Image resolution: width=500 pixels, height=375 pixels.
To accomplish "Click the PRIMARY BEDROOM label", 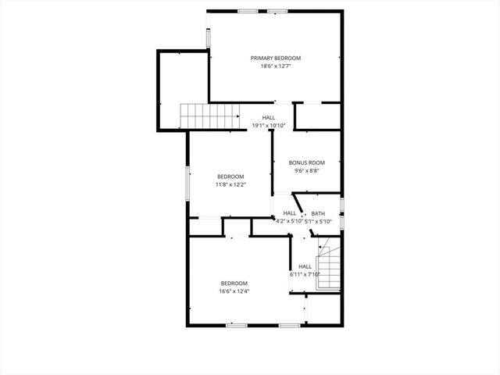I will pyautogui.click(x=275, y=58).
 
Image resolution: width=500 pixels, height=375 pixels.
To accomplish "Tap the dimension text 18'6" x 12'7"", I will pyautogui.click(x=275, y=66).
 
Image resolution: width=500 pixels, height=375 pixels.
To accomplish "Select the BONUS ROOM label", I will pyautogui.click(x=306, y=162).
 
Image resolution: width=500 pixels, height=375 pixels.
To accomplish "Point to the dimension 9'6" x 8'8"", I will pyautogui.click(x=306, y=171).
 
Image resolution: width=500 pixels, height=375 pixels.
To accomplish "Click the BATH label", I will pyautogui.click(x=318, y=213).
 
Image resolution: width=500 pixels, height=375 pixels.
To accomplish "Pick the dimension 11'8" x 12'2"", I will pyautogui.click(x=230, y=185).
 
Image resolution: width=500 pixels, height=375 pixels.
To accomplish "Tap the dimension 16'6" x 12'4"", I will pyautogui.click(x=234, y=291).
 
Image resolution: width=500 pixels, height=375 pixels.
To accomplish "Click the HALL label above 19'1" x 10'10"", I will pyautogui.click(x=268, y=117).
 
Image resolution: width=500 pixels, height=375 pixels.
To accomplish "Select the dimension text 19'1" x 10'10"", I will pyautogui.click(x=268, y=126).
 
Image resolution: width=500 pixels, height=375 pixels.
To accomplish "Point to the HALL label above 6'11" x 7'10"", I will pyautogui.click(x=305, y=266).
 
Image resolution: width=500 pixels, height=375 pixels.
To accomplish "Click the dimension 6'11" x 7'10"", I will pyautogui.click(x=305, y=274).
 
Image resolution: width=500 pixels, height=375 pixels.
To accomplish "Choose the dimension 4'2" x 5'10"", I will pyautogui.click(x=289, y=222).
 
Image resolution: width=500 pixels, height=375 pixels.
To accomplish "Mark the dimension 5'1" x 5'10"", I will pyautogui.click(x=318, y=222).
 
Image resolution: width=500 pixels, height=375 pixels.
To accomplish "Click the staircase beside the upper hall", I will pyautogui.click(x=209, y=116).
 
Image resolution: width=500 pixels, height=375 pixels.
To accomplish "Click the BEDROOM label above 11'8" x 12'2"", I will pyautogui.click(x=230, y=177).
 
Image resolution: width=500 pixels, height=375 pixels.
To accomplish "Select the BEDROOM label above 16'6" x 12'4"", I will pyautogui.click(x=234, y=283).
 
